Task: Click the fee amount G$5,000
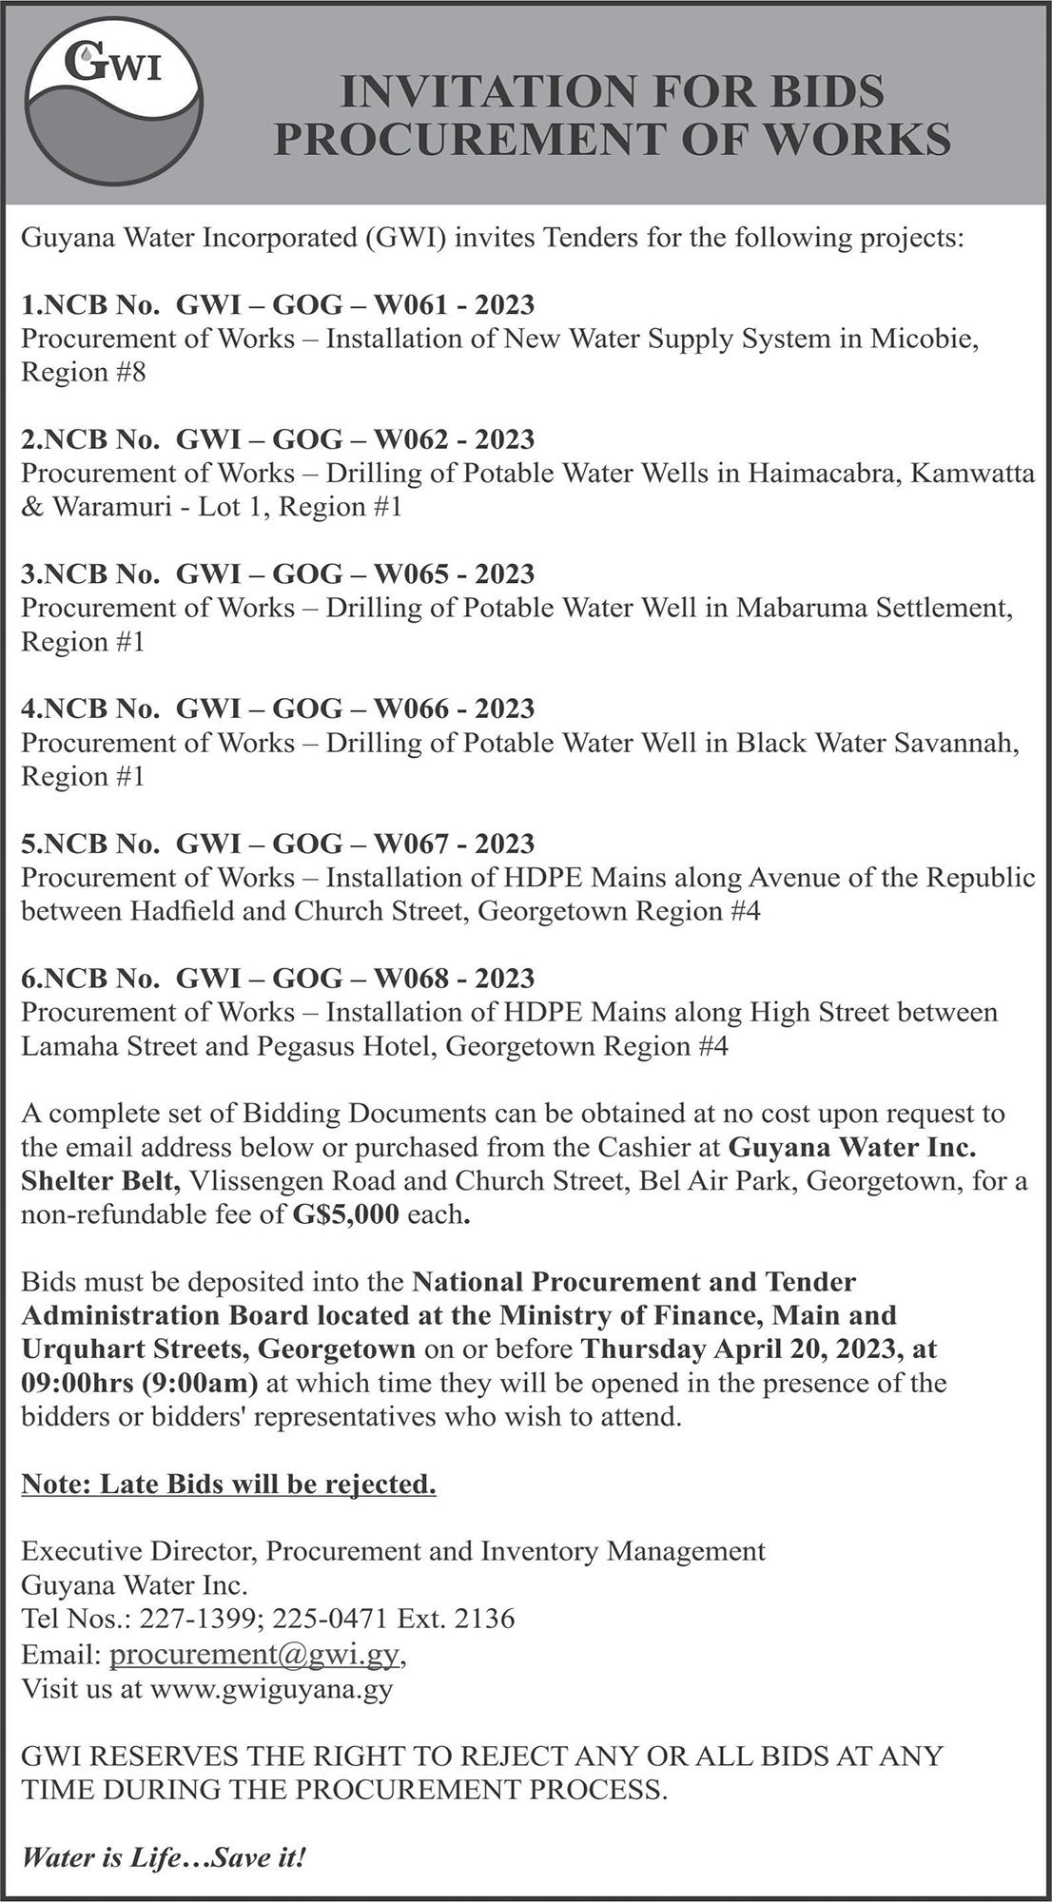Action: [x=346, y=1214]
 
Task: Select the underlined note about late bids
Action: [x=228, y=1484]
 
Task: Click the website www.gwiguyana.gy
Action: [x=271, y=1687]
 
